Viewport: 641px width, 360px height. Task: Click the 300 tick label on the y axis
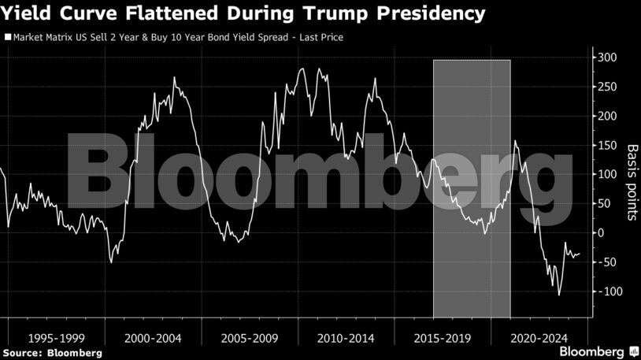tap(607, 58)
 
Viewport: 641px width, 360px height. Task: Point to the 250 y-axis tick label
tap(607, 87)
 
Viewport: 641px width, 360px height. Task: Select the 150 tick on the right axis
tap(607, 145)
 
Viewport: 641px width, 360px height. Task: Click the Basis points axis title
tap(632, 182)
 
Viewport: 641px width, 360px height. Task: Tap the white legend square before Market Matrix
tap(8, 37)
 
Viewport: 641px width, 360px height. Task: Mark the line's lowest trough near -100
tap(559, 295)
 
